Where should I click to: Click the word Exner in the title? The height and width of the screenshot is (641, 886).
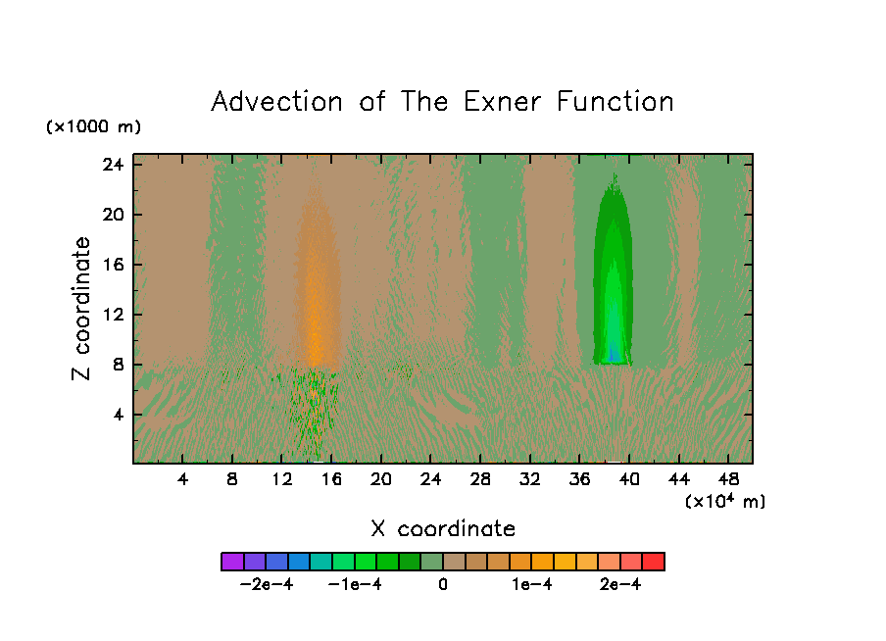click(x=502, y=102)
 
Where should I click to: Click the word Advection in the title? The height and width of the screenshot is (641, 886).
click(x=276, y=102)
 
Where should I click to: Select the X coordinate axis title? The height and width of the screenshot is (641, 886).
click(x=443, y=529)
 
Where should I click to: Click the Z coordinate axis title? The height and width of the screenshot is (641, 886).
click(x=81, y=309)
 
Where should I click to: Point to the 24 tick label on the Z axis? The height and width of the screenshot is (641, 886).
click(x=113, y=165)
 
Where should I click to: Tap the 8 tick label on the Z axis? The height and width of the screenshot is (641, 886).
click(x=118, y=365)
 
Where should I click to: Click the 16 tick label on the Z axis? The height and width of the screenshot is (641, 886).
click(x=113, y=265)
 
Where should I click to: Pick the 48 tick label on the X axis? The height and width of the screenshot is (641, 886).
click(x=728, y=479)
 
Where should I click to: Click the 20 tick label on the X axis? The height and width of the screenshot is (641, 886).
click(x=381, y=479)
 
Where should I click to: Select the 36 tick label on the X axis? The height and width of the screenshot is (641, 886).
click(x=580, y=479)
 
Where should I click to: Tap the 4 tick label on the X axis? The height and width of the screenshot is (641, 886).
click(x=182, y=479)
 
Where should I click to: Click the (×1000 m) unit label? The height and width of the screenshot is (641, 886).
click(x=93, y=126)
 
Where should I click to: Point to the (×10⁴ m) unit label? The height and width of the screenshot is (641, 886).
click(x=725, y=501)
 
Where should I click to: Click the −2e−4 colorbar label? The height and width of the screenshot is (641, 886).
click(x=267, y=584)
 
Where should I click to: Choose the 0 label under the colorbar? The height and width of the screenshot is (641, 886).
click(x=443, y=584)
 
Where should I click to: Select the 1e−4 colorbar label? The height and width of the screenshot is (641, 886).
click(x=532, y=584)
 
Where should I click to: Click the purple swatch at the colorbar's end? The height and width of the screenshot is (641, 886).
click(x=232, y=562)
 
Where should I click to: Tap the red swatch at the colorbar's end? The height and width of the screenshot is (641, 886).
click(x=654, y=562)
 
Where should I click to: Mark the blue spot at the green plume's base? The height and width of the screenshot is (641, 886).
click(x=613, y=356)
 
